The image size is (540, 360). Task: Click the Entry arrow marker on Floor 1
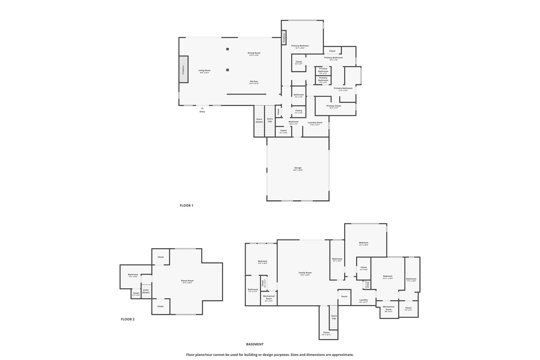[x=202, y=108]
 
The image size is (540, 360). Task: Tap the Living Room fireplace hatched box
[x=184, y=69]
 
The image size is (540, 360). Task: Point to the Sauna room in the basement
[x=344, y=296]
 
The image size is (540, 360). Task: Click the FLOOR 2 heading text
[x=127, y=319]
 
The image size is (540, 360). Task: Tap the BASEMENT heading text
[x=255, y=344]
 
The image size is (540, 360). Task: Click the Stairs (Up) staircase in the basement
[x=334, y=317]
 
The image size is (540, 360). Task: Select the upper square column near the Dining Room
[x=227, y=49]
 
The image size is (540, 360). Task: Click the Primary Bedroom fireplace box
[x=284, y=38]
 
